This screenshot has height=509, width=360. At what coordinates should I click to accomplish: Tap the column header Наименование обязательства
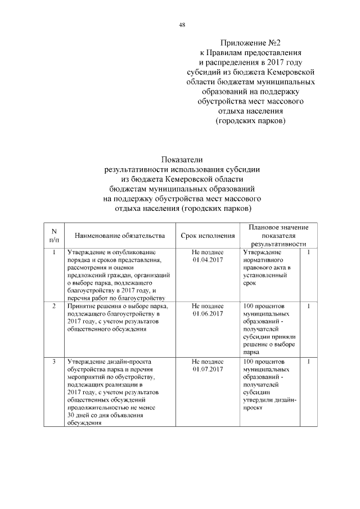115,235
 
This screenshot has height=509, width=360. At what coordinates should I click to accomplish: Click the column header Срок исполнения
208,235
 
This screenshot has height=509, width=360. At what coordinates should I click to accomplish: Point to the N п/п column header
53,235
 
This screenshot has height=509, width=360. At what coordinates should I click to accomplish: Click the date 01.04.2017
208,260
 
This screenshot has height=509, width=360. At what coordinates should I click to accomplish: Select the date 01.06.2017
208,313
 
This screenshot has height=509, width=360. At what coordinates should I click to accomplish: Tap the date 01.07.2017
208,369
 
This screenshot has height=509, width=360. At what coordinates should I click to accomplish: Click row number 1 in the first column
53,253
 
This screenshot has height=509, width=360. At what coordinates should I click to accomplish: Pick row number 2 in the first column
53,305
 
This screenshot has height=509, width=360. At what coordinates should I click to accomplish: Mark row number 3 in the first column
53,361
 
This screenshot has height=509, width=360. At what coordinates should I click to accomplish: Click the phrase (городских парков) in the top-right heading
250,121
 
